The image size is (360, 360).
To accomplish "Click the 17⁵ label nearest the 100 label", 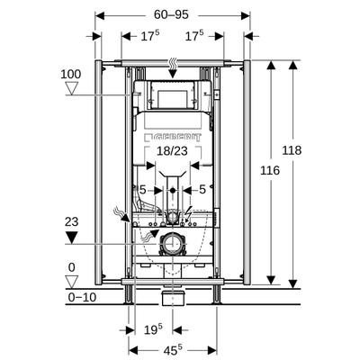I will [x=126, y=37].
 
